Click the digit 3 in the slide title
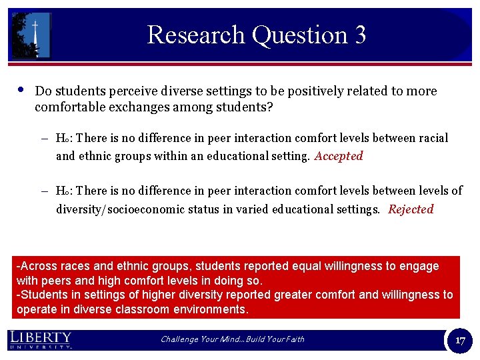click(x=360, y=35)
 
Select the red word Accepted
click(x=339, y=156)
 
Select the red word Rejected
click(x=411, y=209)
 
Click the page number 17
click(x=460, y=340)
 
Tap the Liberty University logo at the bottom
click(x=41, y=339)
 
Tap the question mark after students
click(x=269, y=107)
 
